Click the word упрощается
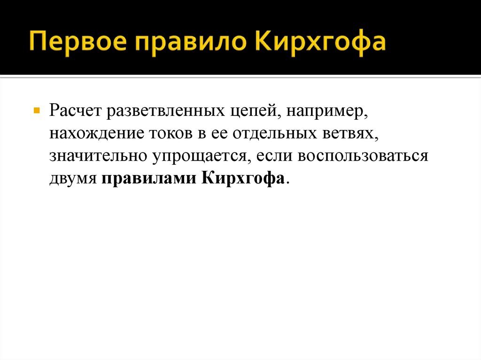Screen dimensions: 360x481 [199, 156]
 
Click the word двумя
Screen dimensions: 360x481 [72, 179]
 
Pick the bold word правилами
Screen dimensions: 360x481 [147, 179]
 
